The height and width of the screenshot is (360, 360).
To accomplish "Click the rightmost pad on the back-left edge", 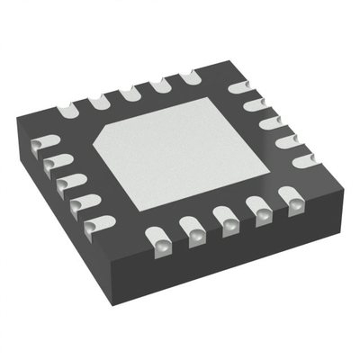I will click(x=191, y=77).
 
